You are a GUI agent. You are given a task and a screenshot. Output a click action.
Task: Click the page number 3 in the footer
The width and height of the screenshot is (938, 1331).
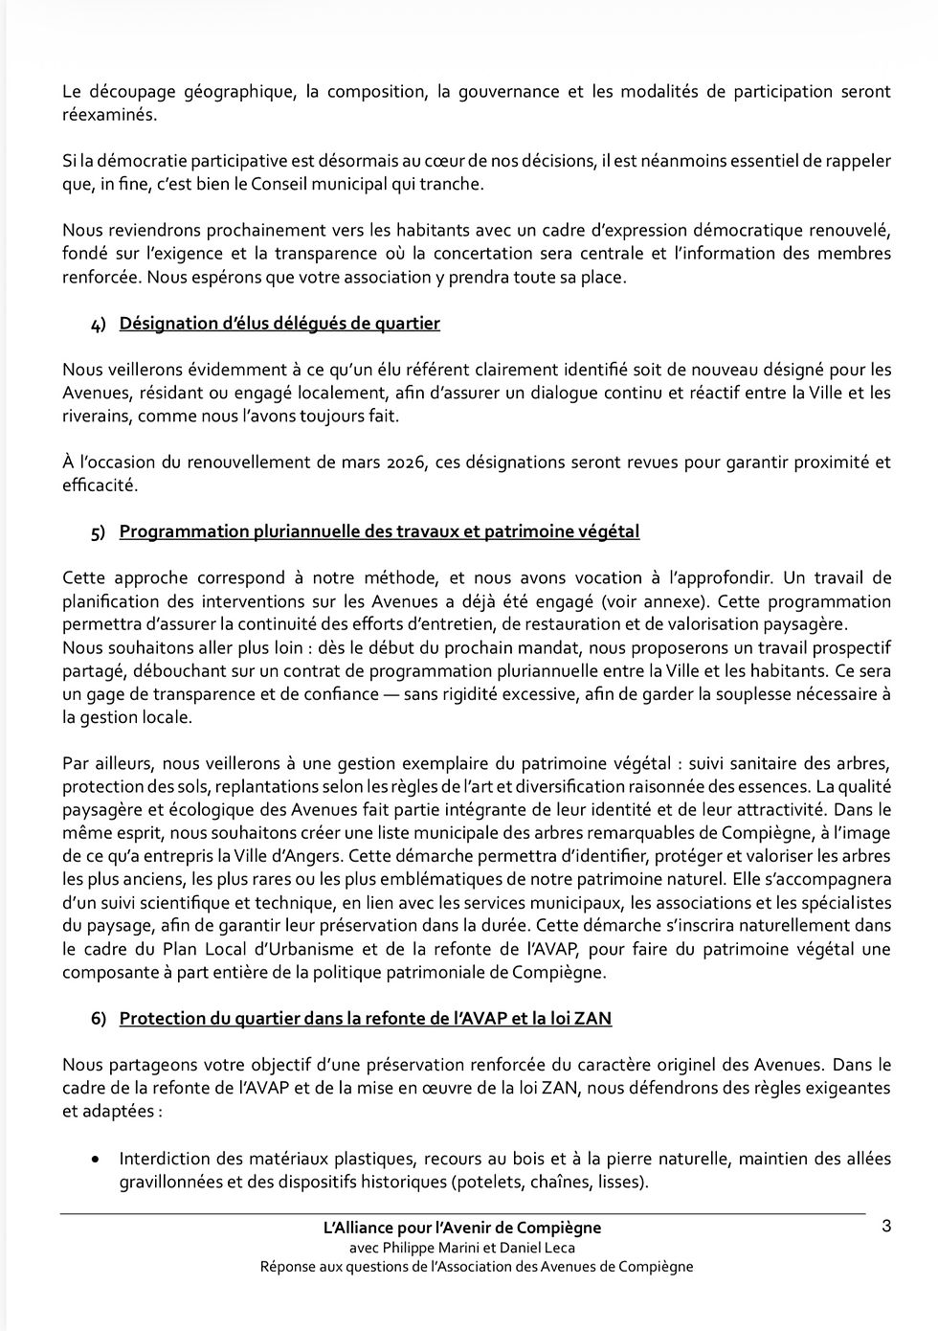coord(885,1227)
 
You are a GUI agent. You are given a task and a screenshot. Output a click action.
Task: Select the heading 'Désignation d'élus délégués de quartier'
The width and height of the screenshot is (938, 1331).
coord(279,324)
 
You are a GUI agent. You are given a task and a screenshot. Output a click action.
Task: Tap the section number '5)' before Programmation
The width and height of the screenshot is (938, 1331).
coord(99,532)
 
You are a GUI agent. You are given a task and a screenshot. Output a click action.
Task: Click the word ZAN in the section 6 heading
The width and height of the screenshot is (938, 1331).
coord(593,1019)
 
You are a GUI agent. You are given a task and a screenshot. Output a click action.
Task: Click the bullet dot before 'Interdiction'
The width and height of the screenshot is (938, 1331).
coord(94,1160)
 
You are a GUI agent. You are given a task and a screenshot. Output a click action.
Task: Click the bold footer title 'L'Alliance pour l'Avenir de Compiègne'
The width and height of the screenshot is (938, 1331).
coord(462,1228)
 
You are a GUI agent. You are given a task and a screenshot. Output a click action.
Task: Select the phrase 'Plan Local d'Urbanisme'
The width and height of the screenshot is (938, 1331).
coord(248,949)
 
